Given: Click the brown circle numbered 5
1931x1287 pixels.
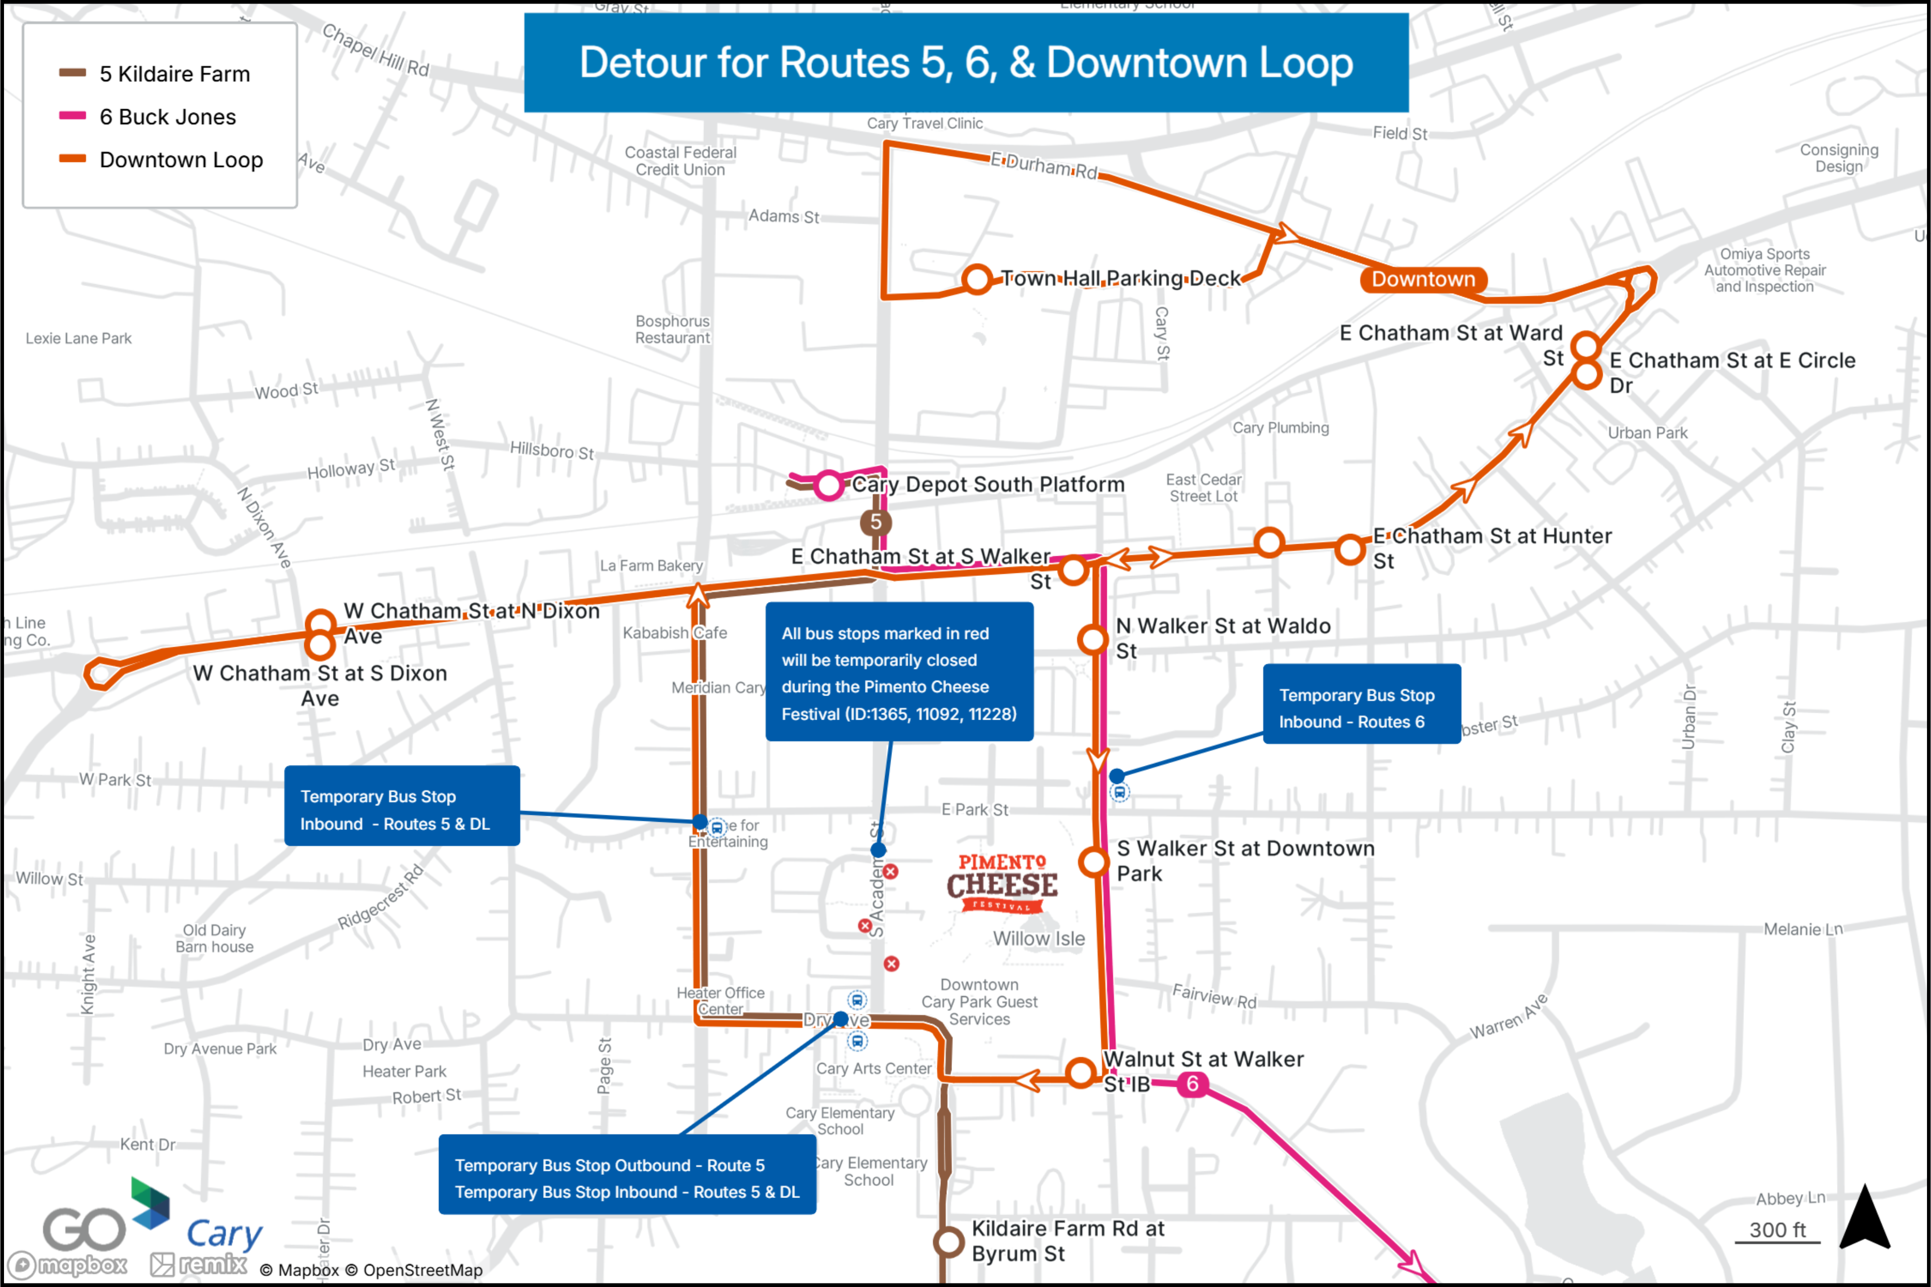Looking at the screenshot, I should pos(875,522).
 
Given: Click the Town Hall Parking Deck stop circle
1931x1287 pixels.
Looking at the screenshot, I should pos(977,279).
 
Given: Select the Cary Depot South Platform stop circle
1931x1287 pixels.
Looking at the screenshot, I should pos(829,485).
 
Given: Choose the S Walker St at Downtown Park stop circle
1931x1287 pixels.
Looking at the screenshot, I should pos(1093,862).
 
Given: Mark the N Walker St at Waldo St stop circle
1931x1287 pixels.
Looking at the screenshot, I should pos(1092,639).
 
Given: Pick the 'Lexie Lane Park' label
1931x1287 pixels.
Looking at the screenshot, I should pos(79,338).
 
